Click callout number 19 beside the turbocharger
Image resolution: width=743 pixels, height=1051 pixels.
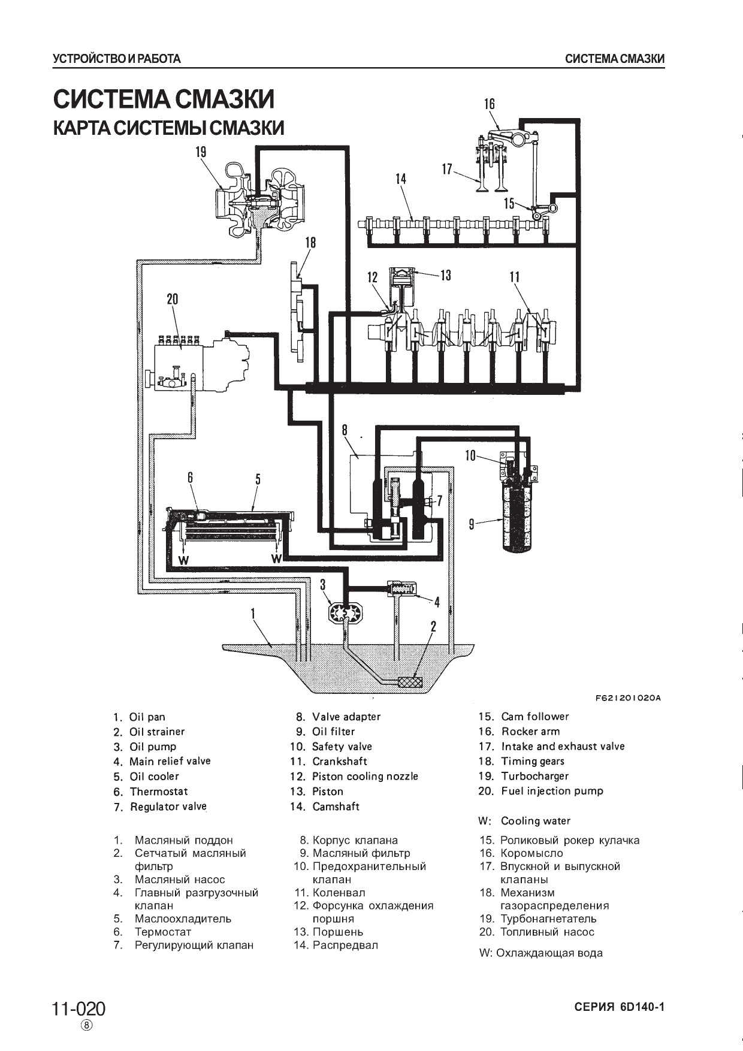[x=201, y=152]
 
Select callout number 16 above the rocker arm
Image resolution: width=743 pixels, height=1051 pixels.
[x=490, y=104]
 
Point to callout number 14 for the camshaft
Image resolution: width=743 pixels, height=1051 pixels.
[x=400, y=178]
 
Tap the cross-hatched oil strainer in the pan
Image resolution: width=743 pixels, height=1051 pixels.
[x=410, y=682]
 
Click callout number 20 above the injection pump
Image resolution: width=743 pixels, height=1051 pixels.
[x=173, y=299]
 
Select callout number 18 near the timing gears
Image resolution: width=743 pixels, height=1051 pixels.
[x=310, y=243]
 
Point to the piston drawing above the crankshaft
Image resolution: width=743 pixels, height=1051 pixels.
[x=401, y=287]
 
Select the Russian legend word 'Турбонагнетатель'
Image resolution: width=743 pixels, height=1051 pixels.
[x=548, y=919]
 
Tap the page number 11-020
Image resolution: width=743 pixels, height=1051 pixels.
[x=78, y=1009]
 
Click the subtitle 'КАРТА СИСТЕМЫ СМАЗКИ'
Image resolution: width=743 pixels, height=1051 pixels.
[x=168, y=128]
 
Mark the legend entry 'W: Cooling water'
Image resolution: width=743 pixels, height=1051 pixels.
[x=524, y=821]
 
